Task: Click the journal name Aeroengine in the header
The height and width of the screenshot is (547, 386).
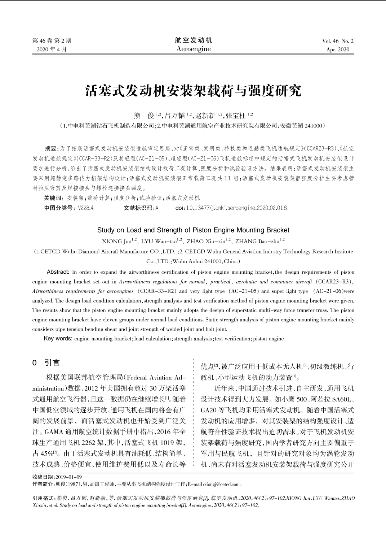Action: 193,49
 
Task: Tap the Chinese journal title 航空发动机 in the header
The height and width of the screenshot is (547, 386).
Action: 193,40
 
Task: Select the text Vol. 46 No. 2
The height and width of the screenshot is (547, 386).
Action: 338,41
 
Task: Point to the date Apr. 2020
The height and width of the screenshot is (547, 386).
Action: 338,49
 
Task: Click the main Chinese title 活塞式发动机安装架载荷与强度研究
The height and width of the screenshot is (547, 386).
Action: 193,91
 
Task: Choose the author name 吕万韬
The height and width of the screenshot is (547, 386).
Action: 175,116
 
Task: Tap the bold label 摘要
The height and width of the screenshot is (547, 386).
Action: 50,148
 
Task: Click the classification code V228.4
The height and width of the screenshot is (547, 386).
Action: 86,208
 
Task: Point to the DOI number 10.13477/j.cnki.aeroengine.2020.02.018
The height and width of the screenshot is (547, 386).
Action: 236,208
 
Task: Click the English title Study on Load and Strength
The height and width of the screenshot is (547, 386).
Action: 193,230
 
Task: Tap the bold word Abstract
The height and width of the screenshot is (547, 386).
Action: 58,272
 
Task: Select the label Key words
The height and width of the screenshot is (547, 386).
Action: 58,339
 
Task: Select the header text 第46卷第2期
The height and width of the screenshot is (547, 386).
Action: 52,41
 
